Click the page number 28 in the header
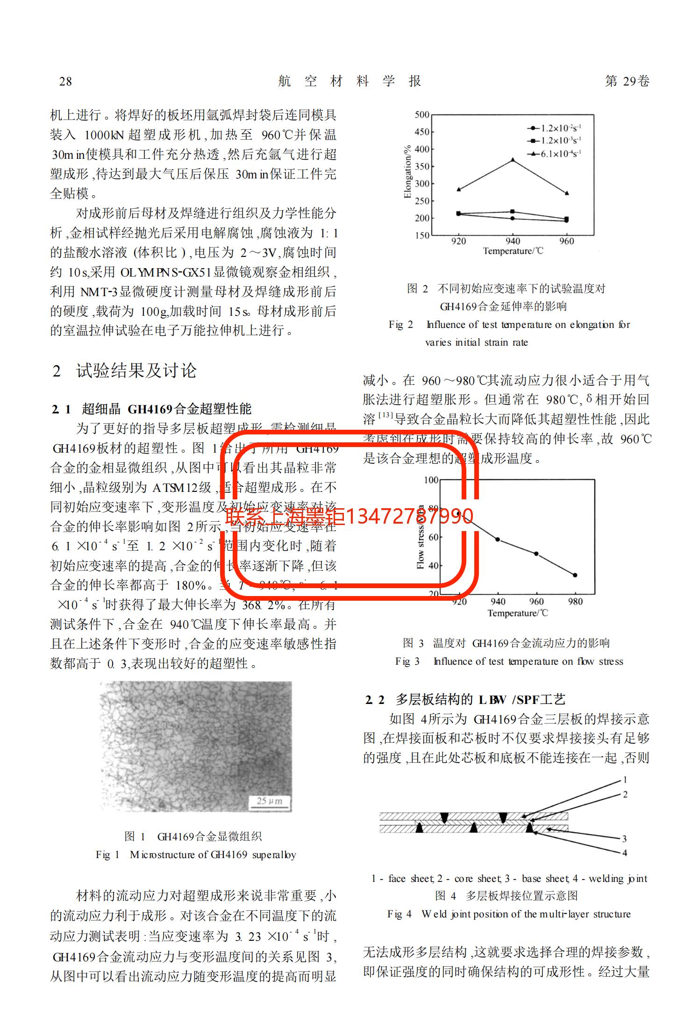[x=65, y=82]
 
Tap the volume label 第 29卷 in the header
[x=627, y=81]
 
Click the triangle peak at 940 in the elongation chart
[x=513, y=160]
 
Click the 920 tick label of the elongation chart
[x=458, y=241]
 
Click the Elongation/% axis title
[x=407, y=171]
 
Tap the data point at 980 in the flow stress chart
[x=575, y=575]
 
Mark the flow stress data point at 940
[x=498, y=540]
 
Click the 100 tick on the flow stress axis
[x=431, y=480]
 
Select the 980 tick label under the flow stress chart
[x=575, y=602]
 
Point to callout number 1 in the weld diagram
[x=625, y=780]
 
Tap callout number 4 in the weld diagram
[x=625, y=853]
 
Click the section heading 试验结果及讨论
[x=136, y=371]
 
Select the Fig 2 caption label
[x=400, y=325]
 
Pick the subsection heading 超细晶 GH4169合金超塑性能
[x=166, y=409]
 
